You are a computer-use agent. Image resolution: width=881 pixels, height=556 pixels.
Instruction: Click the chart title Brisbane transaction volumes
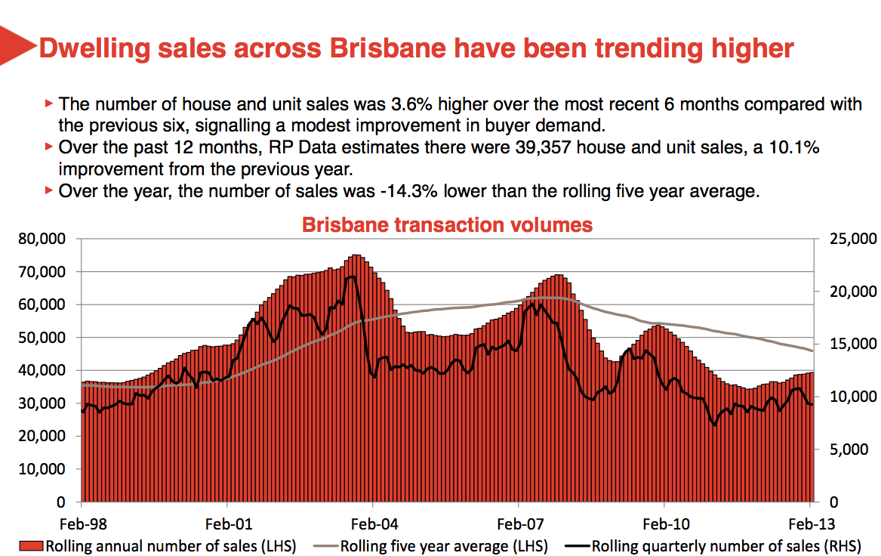coord(447,225)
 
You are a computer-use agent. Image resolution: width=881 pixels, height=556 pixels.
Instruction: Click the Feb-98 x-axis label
coord(82,524)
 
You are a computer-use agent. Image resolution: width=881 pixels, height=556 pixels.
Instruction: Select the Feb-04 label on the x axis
coord(373,524)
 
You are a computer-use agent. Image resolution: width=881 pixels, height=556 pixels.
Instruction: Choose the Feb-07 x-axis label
coord(519,524)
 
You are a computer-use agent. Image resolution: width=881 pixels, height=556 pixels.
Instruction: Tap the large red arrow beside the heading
coord(17,48)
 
